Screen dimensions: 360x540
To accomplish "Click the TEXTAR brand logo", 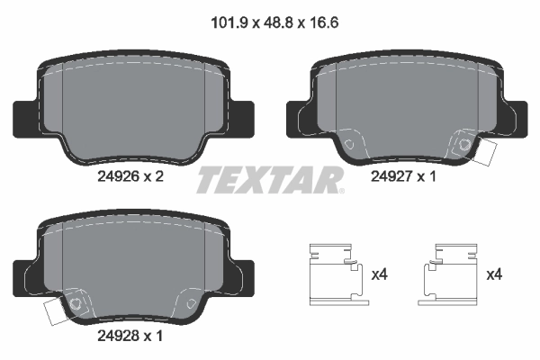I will (x=270, y=179).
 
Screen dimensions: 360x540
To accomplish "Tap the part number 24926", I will (x=115, y=177).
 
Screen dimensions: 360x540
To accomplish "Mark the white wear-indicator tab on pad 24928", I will (x=55, y=312).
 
